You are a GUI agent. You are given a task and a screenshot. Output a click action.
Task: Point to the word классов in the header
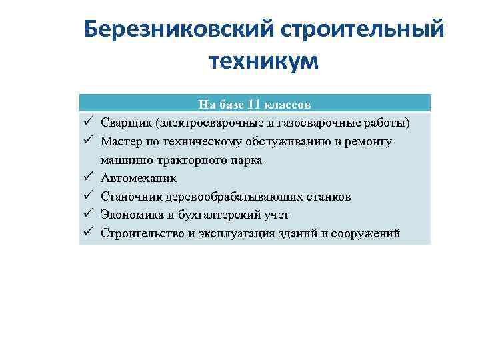point(287,105)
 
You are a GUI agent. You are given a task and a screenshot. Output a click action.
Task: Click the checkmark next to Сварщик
point(87,123)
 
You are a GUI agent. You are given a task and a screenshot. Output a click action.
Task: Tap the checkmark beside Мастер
point(87,141)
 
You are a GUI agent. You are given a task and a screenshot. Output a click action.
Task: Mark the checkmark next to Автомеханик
point(87,178)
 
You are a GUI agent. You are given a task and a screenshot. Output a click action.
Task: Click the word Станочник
point(129,197)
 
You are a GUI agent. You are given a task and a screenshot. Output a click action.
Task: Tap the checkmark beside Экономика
point(87,215)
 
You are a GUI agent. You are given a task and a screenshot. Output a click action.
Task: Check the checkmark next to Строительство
point(87,233)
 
